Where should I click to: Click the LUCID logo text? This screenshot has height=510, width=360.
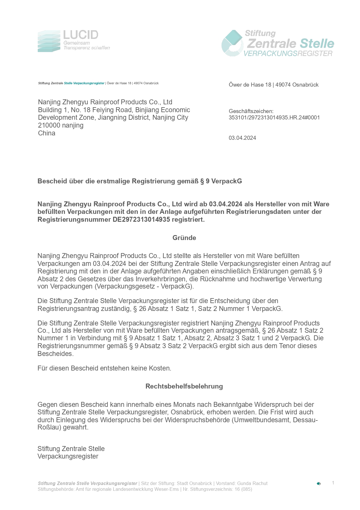click(x=81, y=35)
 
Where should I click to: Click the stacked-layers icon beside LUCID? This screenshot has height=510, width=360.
click(x=49, y=41)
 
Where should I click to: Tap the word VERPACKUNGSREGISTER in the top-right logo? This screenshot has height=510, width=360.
click(x=288, y=53)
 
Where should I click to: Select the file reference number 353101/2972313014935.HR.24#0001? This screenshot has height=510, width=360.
click(x=274, y=118)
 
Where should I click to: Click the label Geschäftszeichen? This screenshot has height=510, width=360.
click(x=251, y=111)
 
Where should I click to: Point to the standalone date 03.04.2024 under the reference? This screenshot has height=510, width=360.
click(x=242, y=138)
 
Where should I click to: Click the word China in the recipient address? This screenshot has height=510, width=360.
click(x=46, y=133)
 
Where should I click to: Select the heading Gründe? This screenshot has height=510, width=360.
click(x=184, y=238)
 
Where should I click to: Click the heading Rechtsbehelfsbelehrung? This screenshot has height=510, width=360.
click(x=184, y=386)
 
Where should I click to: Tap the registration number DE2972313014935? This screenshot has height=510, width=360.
click(x=141, y=219)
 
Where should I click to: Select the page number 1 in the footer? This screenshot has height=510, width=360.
click(x=333, y=483)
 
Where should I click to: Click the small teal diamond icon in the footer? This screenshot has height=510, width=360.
click(x=318, y=484)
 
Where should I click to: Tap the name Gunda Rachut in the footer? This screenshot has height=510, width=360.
click(x=252, y=483)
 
